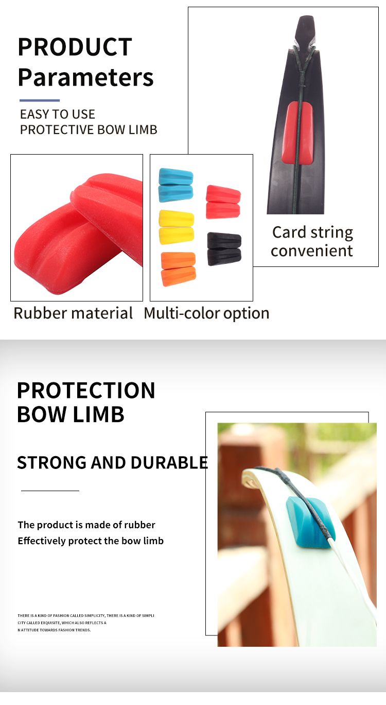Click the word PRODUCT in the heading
coord(75,47)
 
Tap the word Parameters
coord(85,77)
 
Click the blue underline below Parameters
coord(40,100)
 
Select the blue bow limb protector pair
coord(176,186)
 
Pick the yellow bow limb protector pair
coord(177,227)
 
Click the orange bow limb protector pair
coord(178,268)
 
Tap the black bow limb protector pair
coord(224,249)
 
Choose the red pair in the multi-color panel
coord(223,202)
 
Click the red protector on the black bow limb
coord(297,132)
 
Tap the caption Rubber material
coord(73,313)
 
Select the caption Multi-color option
coord(206,313)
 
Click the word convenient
coord(312,251)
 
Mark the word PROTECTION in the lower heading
coord(86,391)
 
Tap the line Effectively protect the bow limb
coord(91,541)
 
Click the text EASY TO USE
coord(58,114)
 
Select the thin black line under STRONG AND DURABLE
coord(50,491)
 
